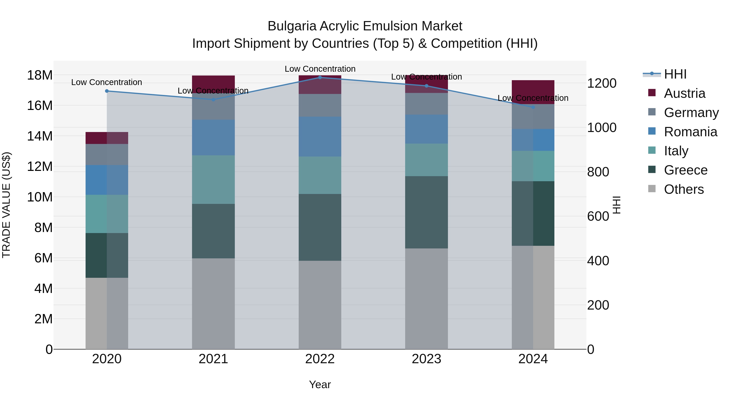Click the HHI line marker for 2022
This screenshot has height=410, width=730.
tap(320, 77)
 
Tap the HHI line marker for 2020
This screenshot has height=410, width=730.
tap(107, 91)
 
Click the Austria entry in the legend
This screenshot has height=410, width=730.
tap(684, 93)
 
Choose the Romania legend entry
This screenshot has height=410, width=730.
tap(690, 132)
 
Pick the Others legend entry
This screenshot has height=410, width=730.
tap(684, 189)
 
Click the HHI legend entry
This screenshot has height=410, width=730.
tap(675, 74)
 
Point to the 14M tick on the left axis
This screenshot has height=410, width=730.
tap(40, 136)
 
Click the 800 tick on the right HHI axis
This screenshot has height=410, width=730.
tap(598, 172)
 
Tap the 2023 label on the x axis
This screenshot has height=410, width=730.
tap(426, 359)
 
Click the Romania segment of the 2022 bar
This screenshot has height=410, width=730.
tap(320, 136)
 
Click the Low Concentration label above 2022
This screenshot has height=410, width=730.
tap(320, 69)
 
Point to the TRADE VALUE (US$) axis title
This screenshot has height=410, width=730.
tap(6, 205)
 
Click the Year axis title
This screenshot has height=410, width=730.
tap(320, 384)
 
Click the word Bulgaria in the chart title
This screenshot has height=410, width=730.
tap(292, 26)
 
